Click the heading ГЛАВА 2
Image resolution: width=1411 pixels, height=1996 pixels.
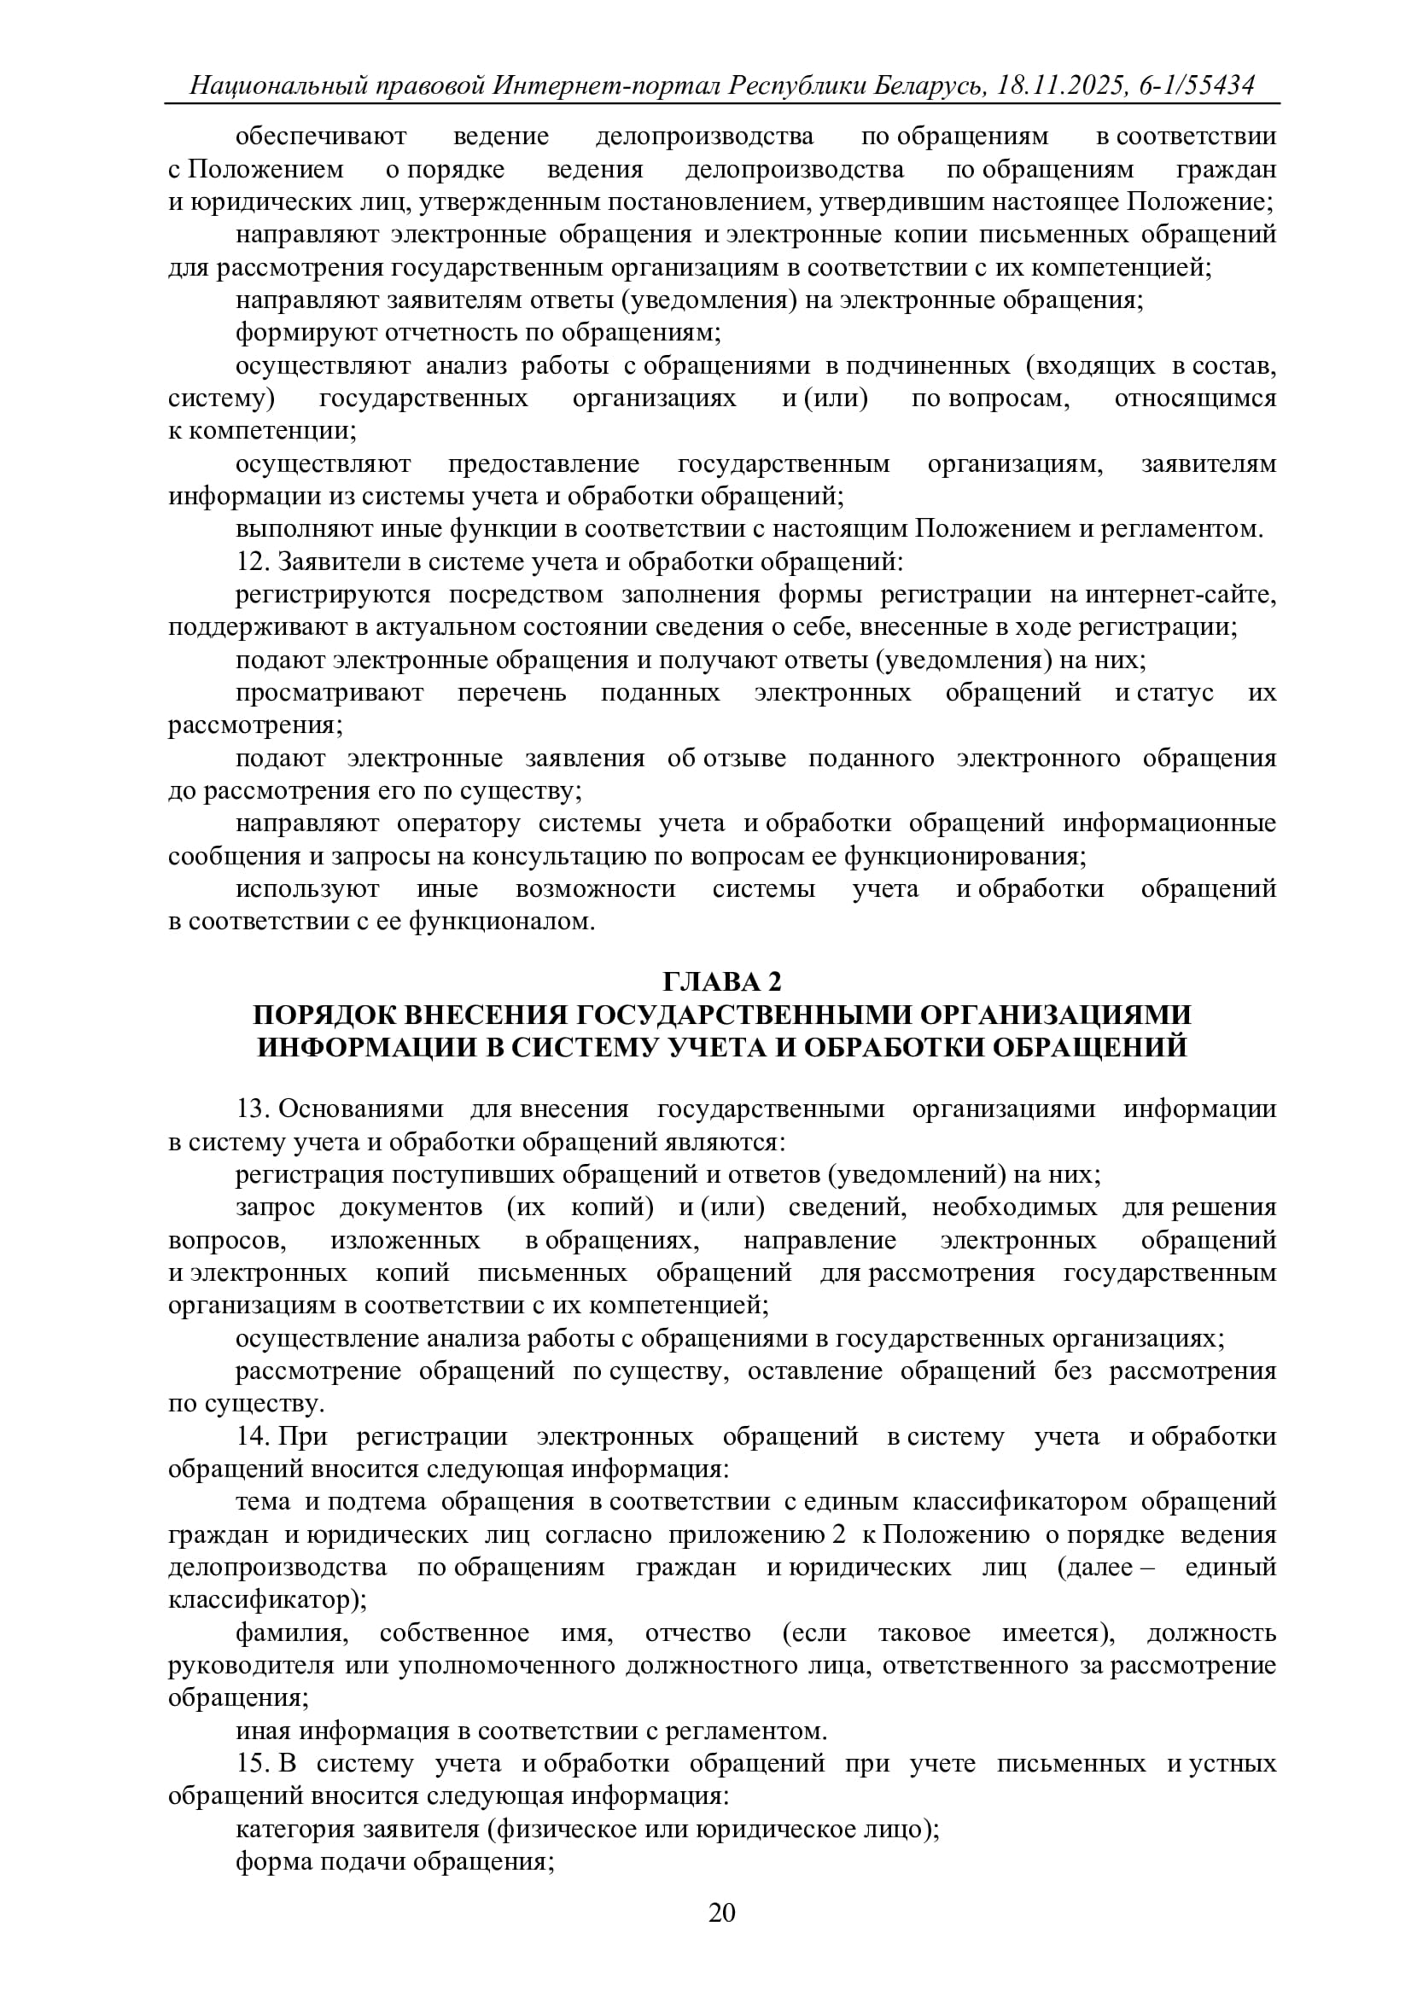(722, 981)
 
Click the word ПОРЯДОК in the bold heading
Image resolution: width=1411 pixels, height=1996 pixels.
(321, 1015)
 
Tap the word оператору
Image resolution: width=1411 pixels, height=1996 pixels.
(458, 823)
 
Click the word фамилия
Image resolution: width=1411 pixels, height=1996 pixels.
(291, 1632)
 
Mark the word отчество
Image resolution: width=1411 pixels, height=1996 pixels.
(697, 1632)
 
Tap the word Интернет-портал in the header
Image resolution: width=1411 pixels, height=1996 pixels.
(607, 85)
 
